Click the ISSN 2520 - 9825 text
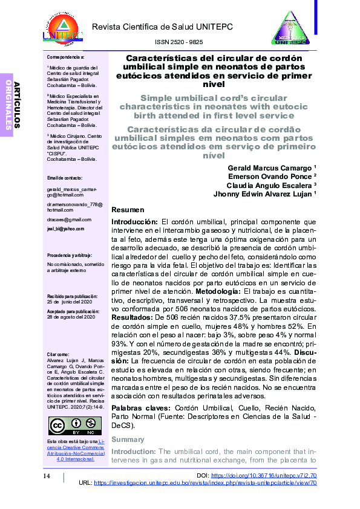(x=179, y=42)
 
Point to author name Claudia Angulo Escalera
(x=270, y=186)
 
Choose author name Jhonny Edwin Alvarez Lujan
(x=264, y=195)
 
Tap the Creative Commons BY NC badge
(x=74, y=426)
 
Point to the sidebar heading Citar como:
(x=58, y=354)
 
